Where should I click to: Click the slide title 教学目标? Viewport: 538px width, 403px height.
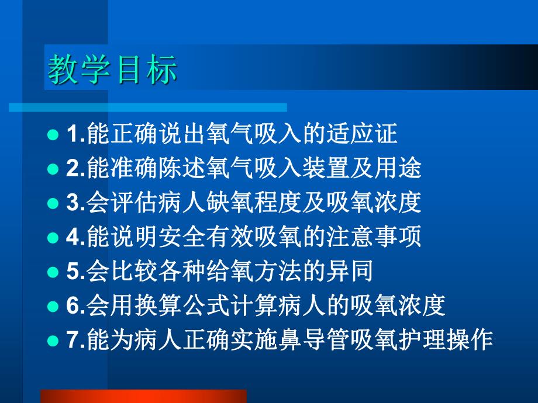tap(112, 71)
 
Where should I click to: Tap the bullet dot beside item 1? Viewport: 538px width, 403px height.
tap(53, 135)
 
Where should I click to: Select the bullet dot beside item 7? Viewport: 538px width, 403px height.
tap(53, 340)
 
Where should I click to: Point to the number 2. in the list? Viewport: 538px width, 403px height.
tap(75, 169)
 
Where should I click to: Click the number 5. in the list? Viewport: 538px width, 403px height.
tap(75, 272)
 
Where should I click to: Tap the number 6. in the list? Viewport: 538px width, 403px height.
tap(75, 305)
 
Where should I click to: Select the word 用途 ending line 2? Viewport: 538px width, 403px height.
tap(403, 169)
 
